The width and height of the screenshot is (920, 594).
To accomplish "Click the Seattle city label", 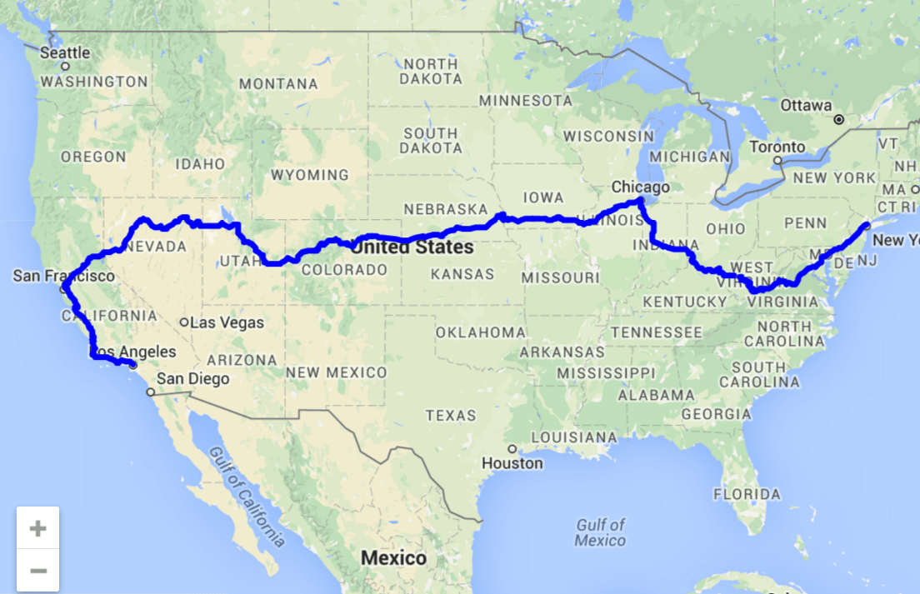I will [x=65, y=52].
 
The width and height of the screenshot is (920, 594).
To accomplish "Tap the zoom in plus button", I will [x=37, y=528].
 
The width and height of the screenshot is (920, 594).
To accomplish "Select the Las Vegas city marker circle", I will [x=184, y=322].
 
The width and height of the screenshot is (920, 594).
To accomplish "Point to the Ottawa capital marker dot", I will [x=839, y=119].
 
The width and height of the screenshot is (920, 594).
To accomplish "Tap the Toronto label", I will [x=777, y=147].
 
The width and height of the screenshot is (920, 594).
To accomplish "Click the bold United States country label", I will [x=412, y=247].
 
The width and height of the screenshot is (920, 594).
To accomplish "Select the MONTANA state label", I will [x=278, y=83].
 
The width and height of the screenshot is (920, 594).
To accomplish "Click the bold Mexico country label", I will [x=392, y=557].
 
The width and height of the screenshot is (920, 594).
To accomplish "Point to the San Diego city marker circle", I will [x=150, y=392].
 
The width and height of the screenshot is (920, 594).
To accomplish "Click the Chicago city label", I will [x=640, y=187].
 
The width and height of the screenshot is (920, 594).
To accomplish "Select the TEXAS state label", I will [x=451, y=415].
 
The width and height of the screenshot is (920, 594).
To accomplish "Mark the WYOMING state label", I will [x=310, y=175].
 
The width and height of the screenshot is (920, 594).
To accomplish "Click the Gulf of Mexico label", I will [x=600, y=532].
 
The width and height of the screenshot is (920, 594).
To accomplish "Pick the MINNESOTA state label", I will [x=525, y=101].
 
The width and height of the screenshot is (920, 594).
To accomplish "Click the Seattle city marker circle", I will [x=65, y=66].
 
